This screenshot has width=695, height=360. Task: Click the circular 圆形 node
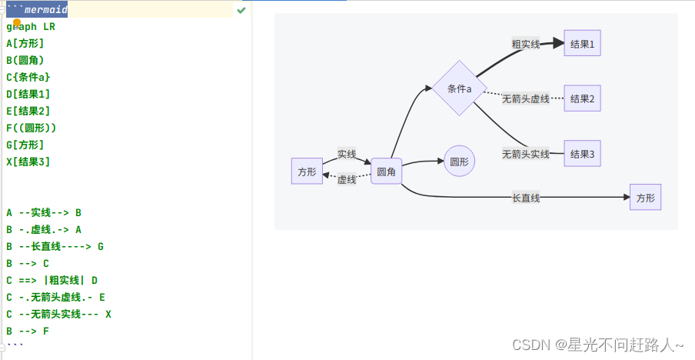[459, 162]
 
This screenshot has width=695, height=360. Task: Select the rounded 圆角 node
[386, 172]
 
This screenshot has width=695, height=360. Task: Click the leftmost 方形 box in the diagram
[307, 172]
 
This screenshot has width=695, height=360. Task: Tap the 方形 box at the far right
[645, 198]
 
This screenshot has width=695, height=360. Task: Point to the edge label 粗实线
[526, 45]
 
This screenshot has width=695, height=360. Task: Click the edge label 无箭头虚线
[526, 99]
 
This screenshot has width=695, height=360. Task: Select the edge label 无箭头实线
[526, 154]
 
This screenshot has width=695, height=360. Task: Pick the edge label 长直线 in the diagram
[526, 198]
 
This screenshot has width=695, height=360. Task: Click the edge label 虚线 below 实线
[347, 180]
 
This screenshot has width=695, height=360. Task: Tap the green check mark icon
[241, 10]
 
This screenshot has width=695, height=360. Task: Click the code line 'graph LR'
[31, 26]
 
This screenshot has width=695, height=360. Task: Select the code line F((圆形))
[32, 128]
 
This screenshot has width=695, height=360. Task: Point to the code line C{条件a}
[28, 77]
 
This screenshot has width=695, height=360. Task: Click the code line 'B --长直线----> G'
[55, 246]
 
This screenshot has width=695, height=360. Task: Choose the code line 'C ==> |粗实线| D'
[52, 280]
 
